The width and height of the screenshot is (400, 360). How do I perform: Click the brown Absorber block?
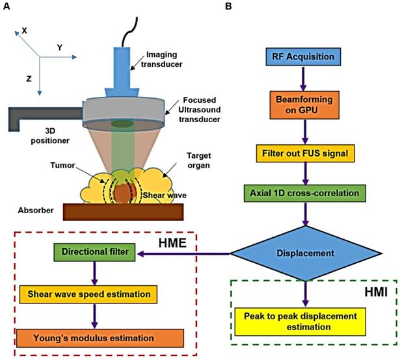click(122, 212)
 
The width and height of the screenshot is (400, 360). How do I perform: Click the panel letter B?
click(228, 6)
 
